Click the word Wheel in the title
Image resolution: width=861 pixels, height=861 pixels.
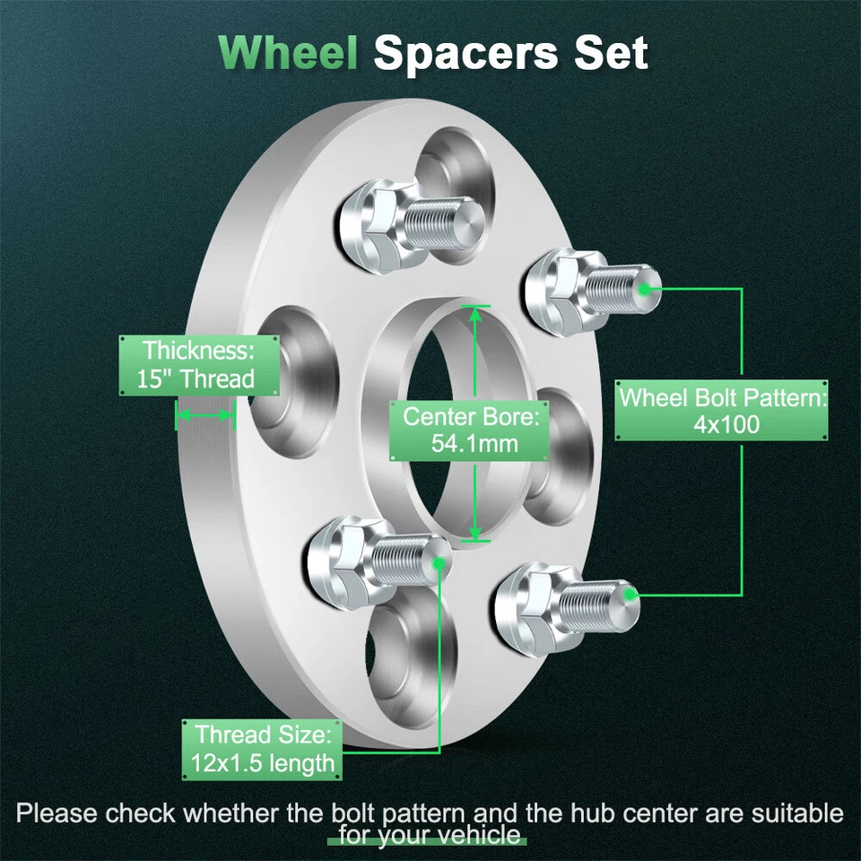coord(288,53)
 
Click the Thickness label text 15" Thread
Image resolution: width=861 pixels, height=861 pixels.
coord(196,378)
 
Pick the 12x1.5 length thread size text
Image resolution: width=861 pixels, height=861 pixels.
coord(263,764)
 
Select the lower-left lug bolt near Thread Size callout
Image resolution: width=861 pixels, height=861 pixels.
coord(373,561)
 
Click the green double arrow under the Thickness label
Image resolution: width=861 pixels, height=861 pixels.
coord(205,415)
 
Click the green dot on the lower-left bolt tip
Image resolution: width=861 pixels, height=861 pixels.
coord(439,562)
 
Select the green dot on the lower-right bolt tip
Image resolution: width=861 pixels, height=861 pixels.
coord(631,594)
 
